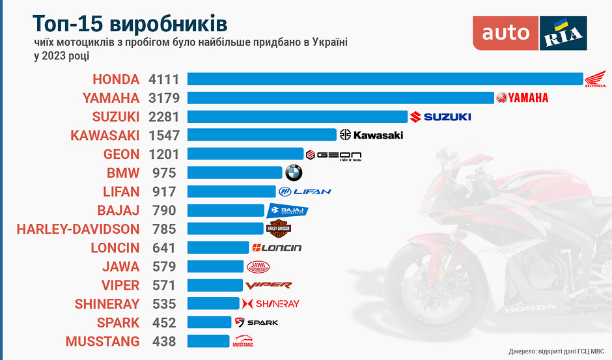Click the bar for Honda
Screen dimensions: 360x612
point(385,79)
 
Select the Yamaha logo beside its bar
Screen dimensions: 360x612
point(522,98)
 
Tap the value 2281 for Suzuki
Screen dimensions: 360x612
point(163,117)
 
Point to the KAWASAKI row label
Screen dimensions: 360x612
point(105,135)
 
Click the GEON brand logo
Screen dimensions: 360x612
point(333,155)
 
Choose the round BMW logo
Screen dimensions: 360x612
point(294,173)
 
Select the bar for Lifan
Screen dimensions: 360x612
point(231,191)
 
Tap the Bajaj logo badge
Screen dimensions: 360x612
point(288,210)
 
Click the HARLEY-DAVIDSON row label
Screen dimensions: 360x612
point(78,229)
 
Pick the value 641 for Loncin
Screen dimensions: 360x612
point(163,247)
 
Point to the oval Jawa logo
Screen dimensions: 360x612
point(258,266)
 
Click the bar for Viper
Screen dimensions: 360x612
point(215,284)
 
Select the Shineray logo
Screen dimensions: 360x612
point(270,303)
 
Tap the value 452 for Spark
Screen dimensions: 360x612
point(163,322)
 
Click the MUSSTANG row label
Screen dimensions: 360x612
point(102,341)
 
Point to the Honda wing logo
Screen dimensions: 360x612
point(595,79)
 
